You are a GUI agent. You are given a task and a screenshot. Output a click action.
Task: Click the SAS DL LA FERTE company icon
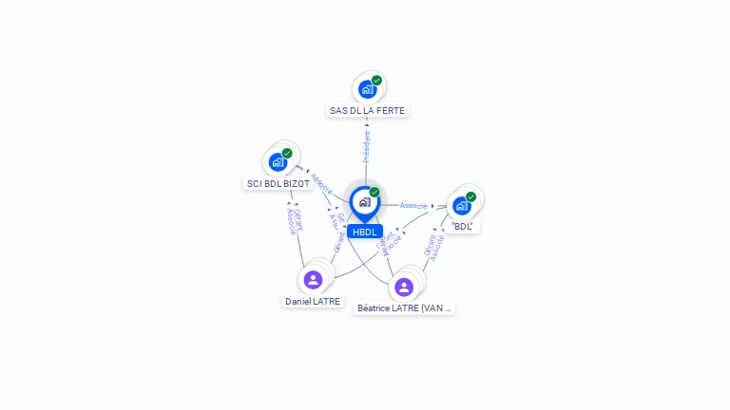(x=367, y=90)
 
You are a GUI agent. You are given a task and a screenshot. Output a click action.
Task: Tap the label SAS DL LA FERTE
(x=367, y=110)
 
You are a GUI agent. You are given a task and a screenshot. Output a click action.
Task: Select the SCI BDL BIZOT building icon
(x=278, y=162)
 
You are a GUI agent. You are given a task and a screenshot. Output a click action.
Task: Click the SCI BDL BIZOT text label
(x=279, y=183)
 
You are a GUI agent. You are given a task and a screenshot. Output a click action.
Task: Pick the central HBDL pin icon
(x=364, y=202)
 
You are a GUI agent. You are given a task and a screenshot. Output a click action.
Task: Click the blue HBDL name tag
(x=365, y=232)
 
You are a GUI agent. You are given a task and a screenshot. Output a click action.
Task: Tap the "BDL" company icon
(x=461, y=205)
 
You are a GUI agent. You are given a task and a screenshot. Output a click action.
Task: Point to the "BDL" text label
(x=463, y=226)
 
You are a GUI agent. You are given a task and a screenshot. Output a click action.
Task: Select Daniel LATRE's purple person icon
(x=313, y=280)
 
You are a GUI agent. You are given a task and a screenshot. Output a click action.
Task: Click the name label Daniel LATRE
(x=313, y=301)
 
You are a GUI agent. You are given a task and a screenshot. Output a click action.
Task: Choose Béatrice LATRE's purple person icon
(x=404, y=287)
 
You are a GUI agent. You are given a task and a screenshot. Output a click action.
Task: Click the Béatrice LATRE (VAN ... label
(x=405, y=307)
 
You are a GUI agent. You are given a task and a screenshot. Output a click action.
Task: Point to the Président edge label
(x=367, y=147)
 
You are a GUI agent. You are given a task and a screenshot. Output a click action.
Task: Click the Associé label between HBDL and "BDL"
(x=413, y=205)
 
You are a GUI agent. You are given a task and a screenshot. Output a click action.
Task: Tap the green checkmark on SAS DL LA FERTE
(x=376, y=81)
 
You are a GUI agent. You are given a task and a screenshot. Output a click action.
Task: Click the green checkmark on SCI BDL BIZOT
(x=287, y=153)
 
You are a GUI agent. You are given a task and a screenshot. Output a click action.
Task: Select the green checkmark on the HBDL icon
(x=375, y=193)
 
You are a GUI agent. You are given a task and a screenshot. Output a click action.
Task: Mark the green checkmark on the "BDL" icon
(x=471, y=196)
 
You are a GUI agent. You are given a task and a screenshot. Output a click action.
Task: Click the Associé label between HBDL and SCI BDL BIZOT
(x=321, y=182)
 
